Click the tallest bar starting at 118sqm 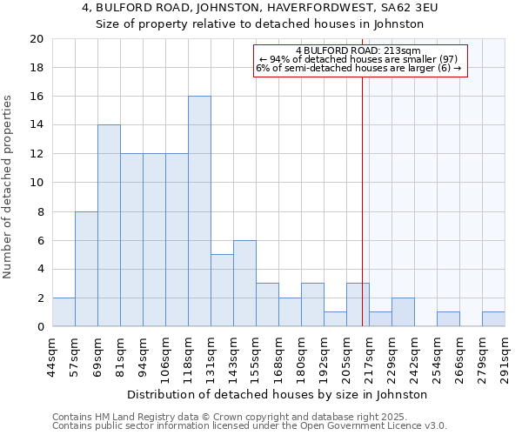pos(199,211)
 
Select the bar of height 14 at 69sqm pos(109,225)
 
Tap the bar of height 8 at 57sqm pos(86,269)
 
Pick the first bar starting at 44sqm pos(64,312)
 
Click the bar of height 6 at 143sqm pos(244,284)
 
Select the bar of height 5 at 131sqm pos(222,291)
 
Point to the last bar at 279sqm pos(493,319)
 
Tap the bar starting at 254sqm pos(448,319)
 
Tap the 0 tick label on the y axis pos(41,327)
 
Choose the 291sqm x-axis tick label pos(505,354)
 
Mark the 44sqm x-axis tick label pos(53,354)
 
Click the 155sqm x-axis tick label pos(257,354)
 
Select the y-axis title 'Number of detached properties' pos(8,187)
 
